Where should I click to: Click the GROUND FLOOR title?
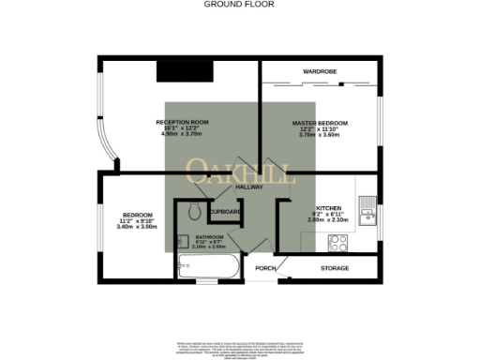[239, 4]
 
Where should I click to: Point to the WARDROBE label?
[319, 71]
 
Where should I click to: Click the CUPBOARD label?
[227, 212]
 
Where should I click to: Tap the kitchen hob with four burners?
[337, 242]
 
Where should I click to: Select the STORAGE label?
[335, 268]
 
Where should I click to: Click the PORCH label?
[265, 269]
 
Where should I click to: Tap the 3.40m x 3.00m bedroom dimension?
[135, 227]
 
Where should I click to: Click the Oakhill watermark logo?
[241, 171]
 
